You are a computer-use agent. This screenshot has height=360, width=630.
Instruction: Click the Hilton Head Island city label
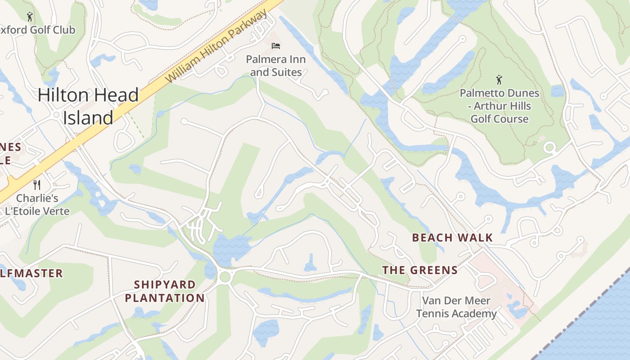pos(88,106)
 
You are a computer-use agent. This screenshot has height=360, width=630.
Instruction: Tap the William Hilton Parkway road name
pos(216,48)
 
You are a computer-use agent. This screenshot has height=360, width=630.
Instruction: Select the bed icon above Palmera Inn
pos(276,46)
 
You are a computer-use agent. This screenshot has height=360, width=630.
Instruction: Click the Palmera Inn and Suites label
pos(276,66)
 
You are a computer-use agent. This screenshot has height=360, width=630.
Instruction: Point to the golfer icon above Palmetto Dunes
pos(499,80)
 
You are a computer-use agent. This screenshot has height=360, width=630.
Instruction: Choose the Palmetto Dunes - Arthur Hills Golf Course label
pos(499,106)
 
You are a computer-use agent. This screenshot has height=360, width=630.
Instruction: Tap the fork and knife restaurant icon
pos(37,184)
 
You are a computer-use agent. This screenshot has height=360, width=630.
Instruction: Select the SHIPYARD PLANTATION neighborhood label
pos(165,291)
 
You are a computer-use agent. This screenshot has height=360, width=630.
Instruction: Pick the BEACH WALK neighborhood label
pos(452,238)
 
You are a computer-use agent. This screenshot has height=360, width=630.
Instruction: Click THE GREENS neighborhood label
pos(420,270)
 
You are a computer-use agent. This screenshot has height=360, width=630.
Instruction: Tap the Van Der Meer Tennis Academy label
pos(456,307)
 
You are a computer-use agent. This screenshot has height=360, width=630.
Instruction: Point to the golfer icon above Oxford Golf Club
pos(30,17)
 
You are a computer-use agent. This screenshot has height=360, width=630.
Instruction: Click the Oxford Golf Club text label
pos(38,30)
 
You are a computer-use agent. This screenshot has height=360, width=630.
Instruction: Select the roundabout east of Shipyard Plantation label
pos(225,276)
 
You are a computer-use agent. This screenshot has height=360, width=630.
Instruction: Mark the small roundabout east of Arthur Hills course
pos(549,148)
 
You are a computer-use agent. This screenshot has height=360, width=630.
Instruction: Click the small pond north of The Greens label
pos(310,263)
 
